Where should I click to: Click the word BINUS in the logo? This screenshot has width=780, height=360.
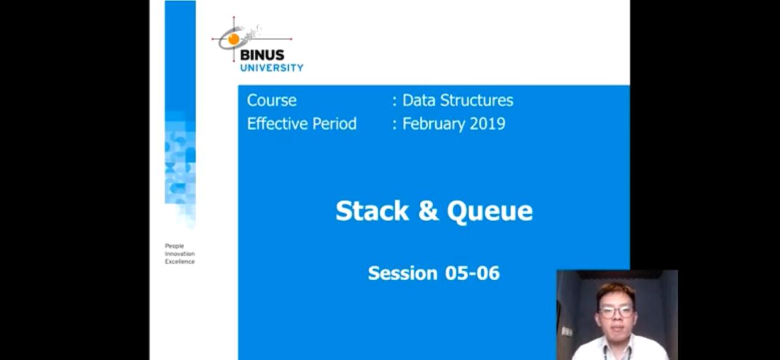pos(262,55)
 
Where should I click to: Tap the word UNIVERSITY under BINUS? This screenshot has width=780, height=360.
pos(272,68)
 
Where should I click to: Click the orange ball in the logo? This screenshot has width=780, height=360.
pos(233,40)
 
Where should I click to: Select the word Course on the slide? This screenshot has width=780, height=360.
pos(272,101)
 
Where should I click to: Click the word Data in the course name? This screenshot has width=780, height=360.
pos(419,101)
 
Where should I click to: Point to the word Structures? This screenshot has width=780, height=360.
pos(477,101)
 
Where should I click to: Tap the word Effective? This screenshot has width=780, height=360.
pos(277,124)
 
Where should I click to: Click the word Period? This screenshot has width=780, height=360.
pos(335,124)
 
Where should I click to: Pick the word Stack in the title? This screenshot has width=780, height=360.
pos(372,211)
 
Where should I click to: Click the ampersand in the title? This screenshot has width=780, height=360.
pos(428,211)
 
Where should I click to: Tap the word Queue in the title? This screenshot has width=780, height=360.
pos(490,211)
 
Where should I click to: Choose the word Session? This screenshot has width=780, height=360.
pos(403,273)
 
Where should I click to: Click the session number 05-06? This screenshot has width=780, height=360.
pos(472,273)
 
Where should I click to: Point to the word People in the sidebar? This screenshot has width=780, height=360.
pos(174,246)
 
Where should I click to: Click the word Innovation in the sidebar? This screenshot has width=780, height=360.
pos(180,254)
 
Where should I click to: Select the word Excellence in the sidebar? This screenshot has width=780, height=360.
pos(180,261)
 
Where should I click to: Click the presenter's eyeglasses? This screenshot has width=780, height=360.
pos(615,312)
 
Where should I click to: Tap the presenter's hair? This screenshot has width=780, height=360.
pos(615,292)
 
